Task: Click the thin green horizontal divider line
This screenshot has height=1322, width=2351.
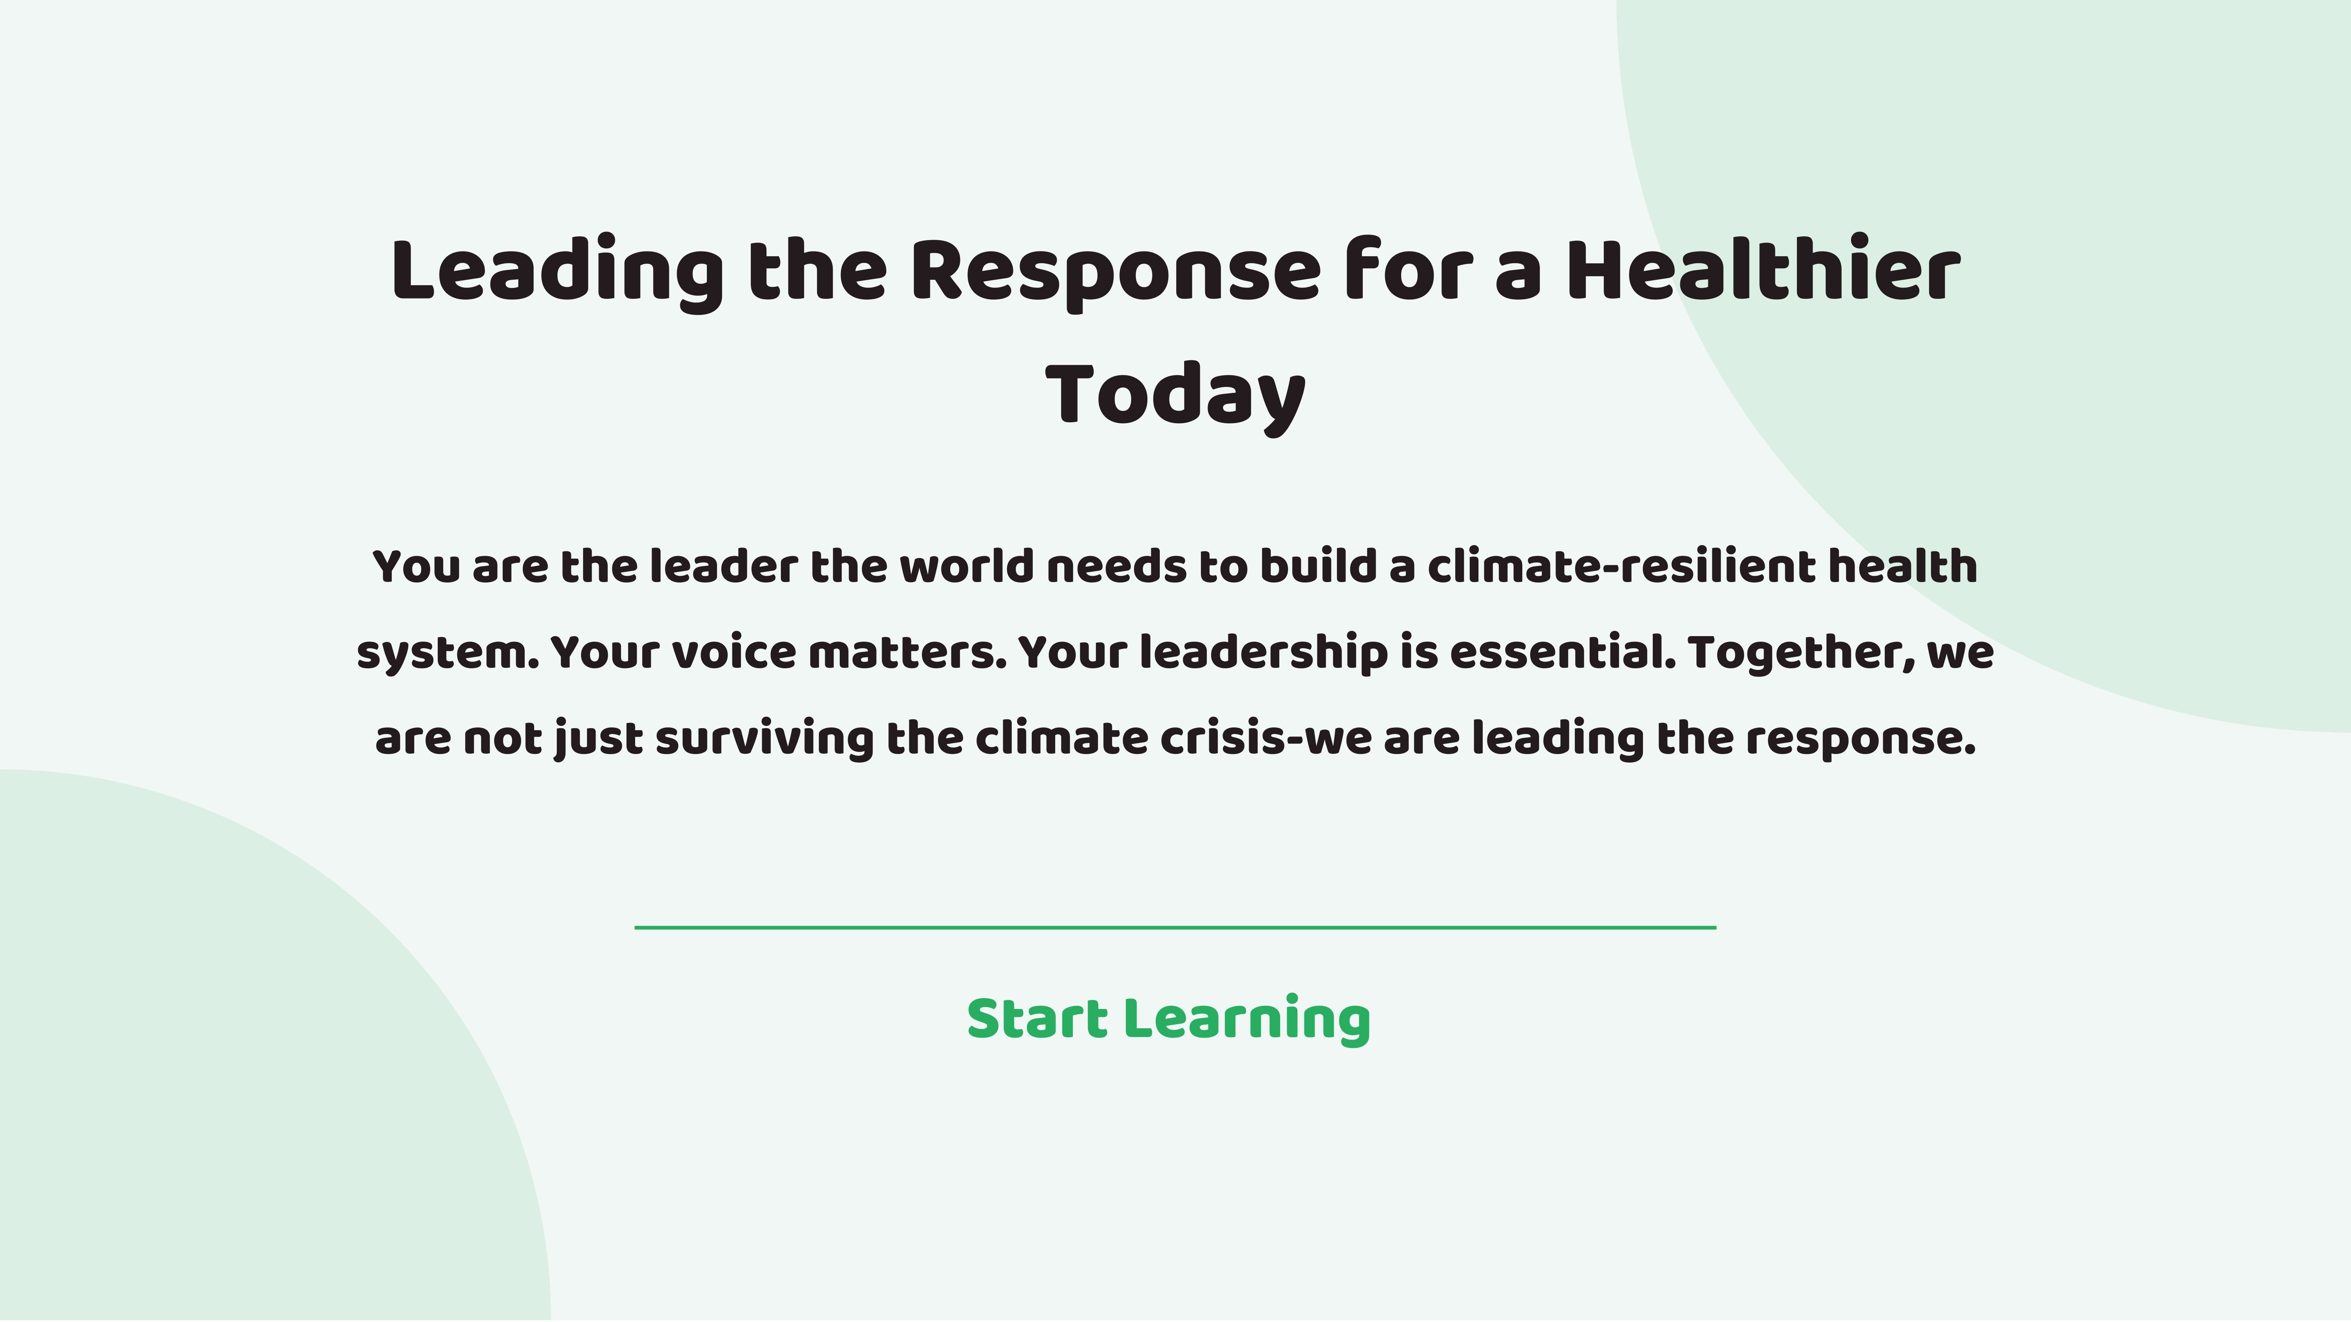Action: click(1175, 927)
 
